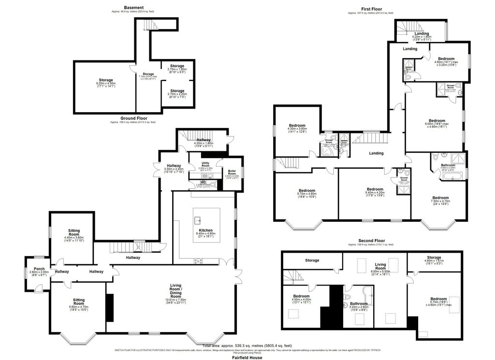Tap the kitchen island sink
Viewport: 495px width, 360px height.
pyautogui.click(x=197, y=220)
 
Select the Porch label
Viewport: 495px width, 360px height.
pyautogui.click(x=36, y=269)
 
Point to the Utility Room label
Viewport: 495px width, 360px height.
pyautogui.click(x=204, y=164)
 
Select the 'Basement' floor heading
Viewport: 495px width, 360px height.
pyautogui.click(x=133, y=8)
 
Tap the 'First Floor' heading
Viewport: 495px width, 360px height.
pyautogui.click(x=371, y=8)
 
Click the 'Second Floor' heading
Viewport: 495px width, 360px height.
pyautogui.click(x=372, y=240)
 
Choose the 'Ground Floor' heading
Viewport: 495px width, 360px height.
pyautogui.click(x=134, y=118)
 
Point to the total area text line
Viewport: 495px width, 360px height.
pyautogui.click(x=247, y=346)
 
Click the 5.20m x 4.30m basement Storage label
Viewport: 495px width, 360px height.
pyautogui.click(x=106, y=80)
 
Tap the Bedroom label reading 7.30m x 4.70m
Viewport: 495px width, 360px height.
pyautogui.click(x=440, y=198)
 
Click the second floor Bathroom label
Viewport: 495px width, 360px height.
pyautogui.click(x=358, y=304)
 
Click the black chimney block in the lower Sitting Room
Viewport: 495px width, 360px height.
pyautogui.click(x=110, y=307)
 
